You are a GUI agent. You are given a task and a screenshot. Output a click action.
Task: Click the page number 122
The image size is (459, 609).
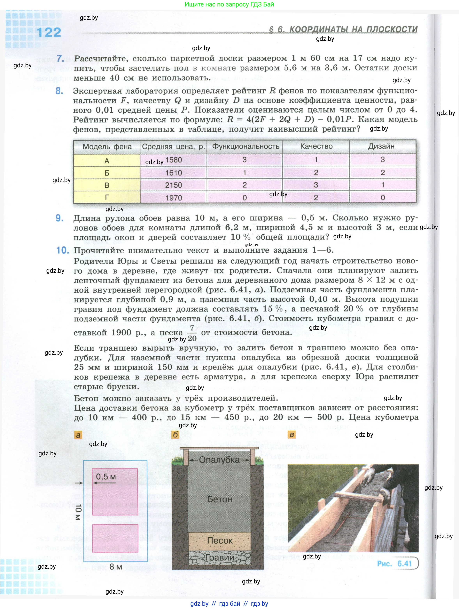coord(49,32)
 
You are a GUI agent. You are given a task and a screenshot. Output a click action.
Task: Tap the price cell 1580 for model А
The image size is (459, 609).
coord(174,160)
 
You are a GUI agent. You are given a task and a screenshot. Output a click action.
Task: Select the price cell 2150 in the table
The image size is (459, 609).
coord(174,185)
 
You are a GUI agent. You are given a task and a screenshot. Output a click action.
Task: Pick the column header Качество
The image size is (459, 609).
coord(316,146)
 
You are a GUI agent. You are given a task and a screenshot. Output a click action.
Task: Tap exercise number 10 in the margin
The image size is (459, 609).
coord(62,250)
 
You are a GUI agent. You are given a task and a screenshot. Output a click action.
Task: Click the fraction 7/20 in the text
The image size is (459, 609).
coord(192,333)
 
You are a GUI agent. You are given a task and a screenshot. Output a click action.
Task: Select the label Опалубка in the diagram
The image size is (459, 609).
coord(219,460)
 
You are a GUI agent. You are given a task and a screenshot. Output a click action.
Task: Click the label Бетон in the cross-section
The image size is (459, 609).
coord(220,499)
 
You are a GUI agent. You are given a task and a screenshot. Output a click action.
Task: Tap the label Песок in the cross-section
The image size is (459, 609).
coord(220,540)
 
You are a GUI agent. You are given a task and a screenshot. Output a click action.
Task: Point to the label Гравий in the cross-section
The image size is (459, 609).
coord(220,557)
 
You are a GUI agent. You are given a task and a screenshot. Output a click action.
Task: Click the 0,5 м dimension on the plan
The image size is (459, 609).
coord(106,477)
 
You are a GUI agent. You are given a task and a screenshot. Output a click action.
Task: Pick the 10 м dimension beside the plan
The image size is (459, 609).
coord(78,512)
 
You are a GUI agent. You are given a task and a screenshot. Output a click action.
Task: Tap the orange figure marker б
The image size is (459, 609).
coord(175,435)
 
